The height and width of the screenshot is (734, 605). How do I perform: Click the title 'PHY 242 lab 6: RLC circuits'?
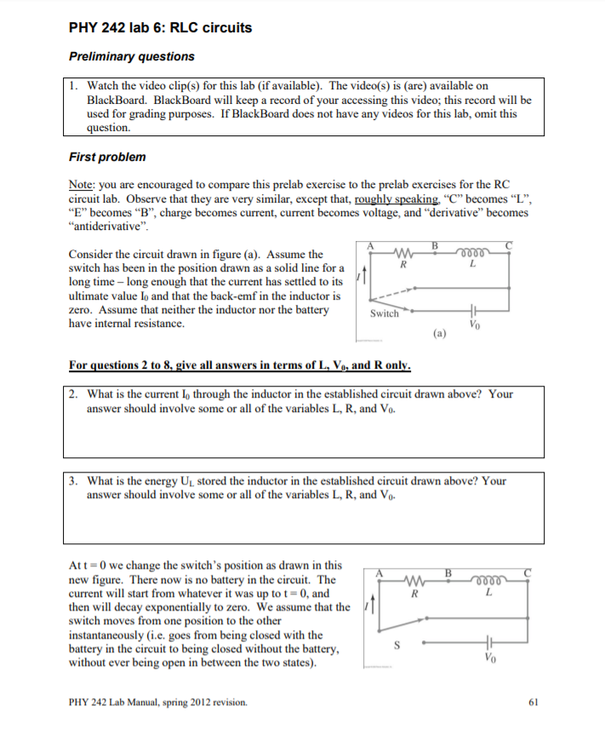(160, 27)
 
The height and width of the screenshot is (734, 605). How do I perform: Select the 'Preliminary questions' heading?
(131, 56)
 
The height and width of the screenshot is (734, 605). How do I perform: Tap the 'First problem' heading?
(106, 157)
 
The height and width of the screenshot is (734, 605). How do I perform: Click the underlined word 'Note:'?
(82, 184)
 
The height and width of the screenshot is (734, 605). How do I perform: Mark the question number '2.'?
(74, 394)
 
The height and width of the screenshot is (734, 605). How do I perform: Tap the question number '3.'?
(74, 481)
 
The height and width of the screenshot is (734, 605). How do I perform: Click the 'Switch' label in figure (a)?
(384, 313)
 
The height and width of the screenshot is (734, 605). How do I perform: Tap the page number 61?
(534, 702)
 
